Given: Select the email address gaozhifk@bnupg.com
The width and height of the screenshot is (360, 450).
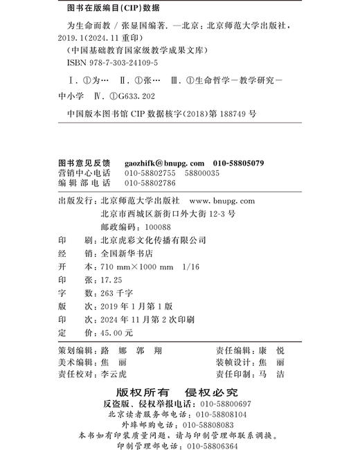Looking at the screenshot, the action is [159, 163].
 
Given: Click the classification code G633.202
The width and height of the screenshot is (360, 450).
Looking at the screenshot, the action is [149, 97].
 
